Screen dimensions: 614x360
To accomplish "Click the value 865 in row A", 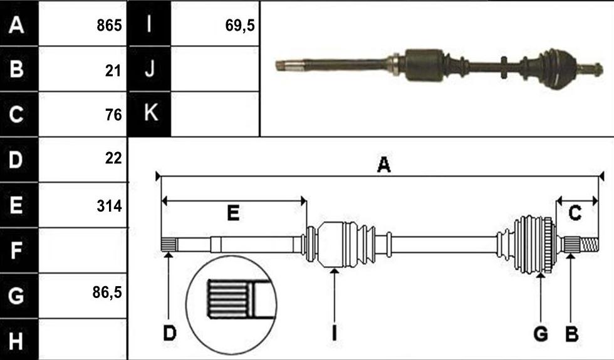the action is [x=109, y=26].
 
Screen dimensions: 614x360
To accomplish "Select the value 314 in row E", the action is [x=109, y=206].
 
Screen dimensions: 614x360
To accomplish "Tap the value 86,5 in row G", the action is [x=107, y=292].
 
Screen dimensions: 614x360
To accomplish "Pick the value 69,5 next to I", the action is [x=239, y=26].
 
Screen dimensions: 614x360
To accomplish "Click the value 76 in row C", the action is [x=113, y=115].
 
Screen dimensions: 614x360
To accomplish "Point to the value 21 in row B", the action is [x=113, y=71].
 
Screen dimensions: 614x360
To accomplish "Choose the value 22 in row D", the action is [x=113, y=158].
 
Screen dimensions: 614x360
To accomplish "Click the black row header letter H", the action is [x=16, y=341].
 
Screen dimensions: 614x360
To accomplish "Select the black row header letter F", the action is [x=16, y=250].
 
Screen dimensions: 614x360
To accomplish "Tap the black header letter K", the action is [x=151, y=112].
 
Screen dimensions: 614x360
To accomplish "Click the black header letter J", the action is [x=150, y=69].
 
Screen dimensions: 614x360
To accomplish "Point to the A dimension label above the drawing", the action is [x=383, y=164].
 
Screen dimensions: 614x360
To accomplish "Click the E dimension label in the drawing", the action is [x=233, y=213].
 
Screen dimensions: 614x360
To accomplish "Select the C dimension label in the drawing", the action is [x=575, y=213].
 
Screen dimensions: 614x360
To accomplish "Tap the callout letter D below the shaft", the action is [x=170, y=333].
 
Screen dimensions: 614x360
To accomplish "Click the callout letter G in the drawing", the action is [x=541, y=334].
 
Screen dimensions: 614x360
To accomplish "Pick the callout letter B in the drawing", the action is [x=571, y=334].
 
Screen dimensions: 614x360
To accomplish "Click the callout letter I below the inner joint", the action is [x=334, y=333].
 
